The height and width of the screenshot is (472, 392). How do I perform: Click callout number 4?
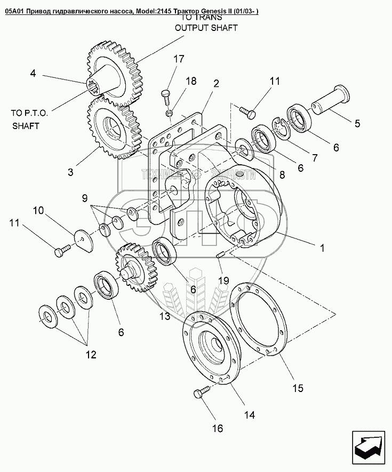[x=33, y=74]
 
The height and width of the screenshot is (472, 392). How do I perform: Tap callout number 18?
[x=190, y=81]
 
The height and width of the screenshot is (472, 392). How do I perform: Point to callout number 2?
[x=216, y=83]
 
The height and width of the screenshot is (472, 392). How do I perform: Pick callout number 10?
[x=38, y=211]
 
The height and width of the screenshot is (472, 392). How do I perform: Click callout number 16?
[x=217, y=428]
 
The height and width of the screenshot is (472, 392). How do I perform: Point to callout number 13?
[x=164, y=316]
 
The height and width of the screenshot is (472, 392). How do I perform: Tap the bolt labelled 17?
[x=166, y=98]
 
